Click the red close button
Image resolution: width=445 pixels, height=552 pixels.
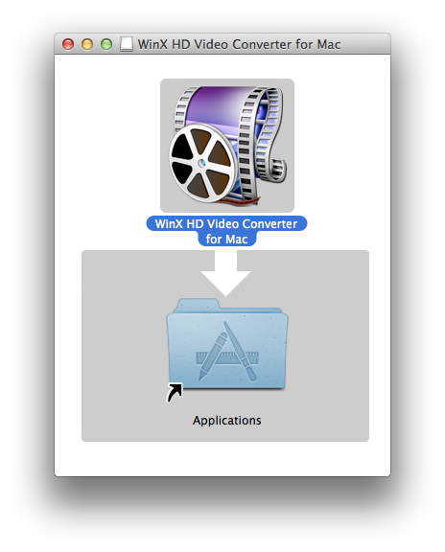(x=68, y=44)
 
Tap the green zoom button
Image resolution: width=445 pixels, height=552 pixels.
(x=106, y=44)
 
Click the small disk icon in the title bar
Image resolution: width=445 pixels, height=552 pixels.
(x=127, y=44)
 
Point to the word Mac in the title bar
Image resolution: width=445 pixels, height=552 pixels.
(x=329, y=45)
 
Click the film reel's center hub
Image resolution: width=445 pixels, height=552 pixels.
(x=201, y=163)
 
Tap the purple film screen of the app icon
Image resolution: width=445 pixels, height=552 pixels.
(x=218, y=105)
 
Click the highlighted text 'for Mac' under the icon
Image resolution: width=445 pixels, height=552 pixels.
(x=226, y=239)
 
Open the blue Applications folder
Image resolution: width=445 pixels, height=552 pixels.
(x=227, y=344)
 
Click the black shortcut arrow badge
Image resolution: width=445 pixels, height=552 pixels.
(x=175, y=392)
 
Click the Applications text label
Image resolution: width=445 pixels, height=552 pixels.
(x=227, y=421)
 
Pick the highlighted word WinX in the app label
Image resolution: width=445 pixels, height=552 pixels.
(x=169, y=224)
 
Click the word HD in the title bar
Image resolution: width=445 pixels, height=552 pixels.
(x=181, y=45)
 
